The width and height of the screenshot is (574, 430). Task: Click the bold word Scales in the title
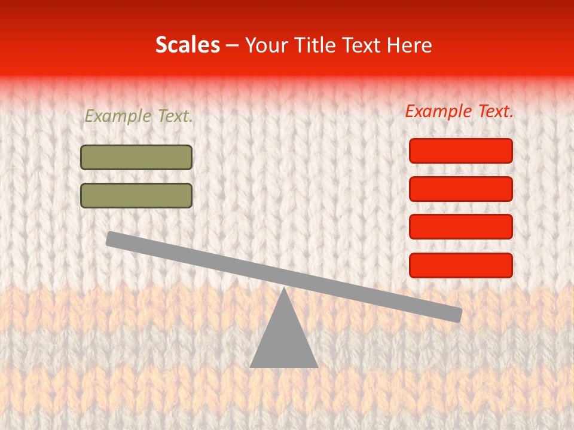(x=187, y=45)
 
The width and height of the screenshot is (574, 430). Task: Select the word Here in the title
(x=410, y=45)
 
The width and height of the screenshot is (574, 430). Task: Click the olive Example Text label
(x=139, y=116)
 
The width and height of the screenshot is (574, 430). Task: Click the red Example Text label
(x=459, y=111)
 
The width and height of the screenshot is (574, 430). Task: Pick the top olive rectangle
(x=136, y=157)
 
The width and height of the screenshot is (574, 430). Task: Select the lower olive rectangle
(x=136, y=195)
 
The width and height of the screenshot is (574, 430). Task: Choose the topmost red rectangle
(x=461, y=150)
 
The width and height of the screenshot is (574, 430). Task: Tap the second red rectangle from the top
(x=461, y=189)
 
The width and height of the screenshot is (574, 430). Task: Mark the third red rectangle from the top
(x=461, y=227)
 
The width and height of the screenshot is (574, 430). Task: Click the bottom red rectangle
(x=461, y=265)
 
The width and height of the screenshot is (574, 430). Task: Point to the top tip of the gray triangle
(x=284, y=288)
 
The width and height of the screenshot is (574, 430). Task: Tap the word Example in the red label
(x=439, y=111)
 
